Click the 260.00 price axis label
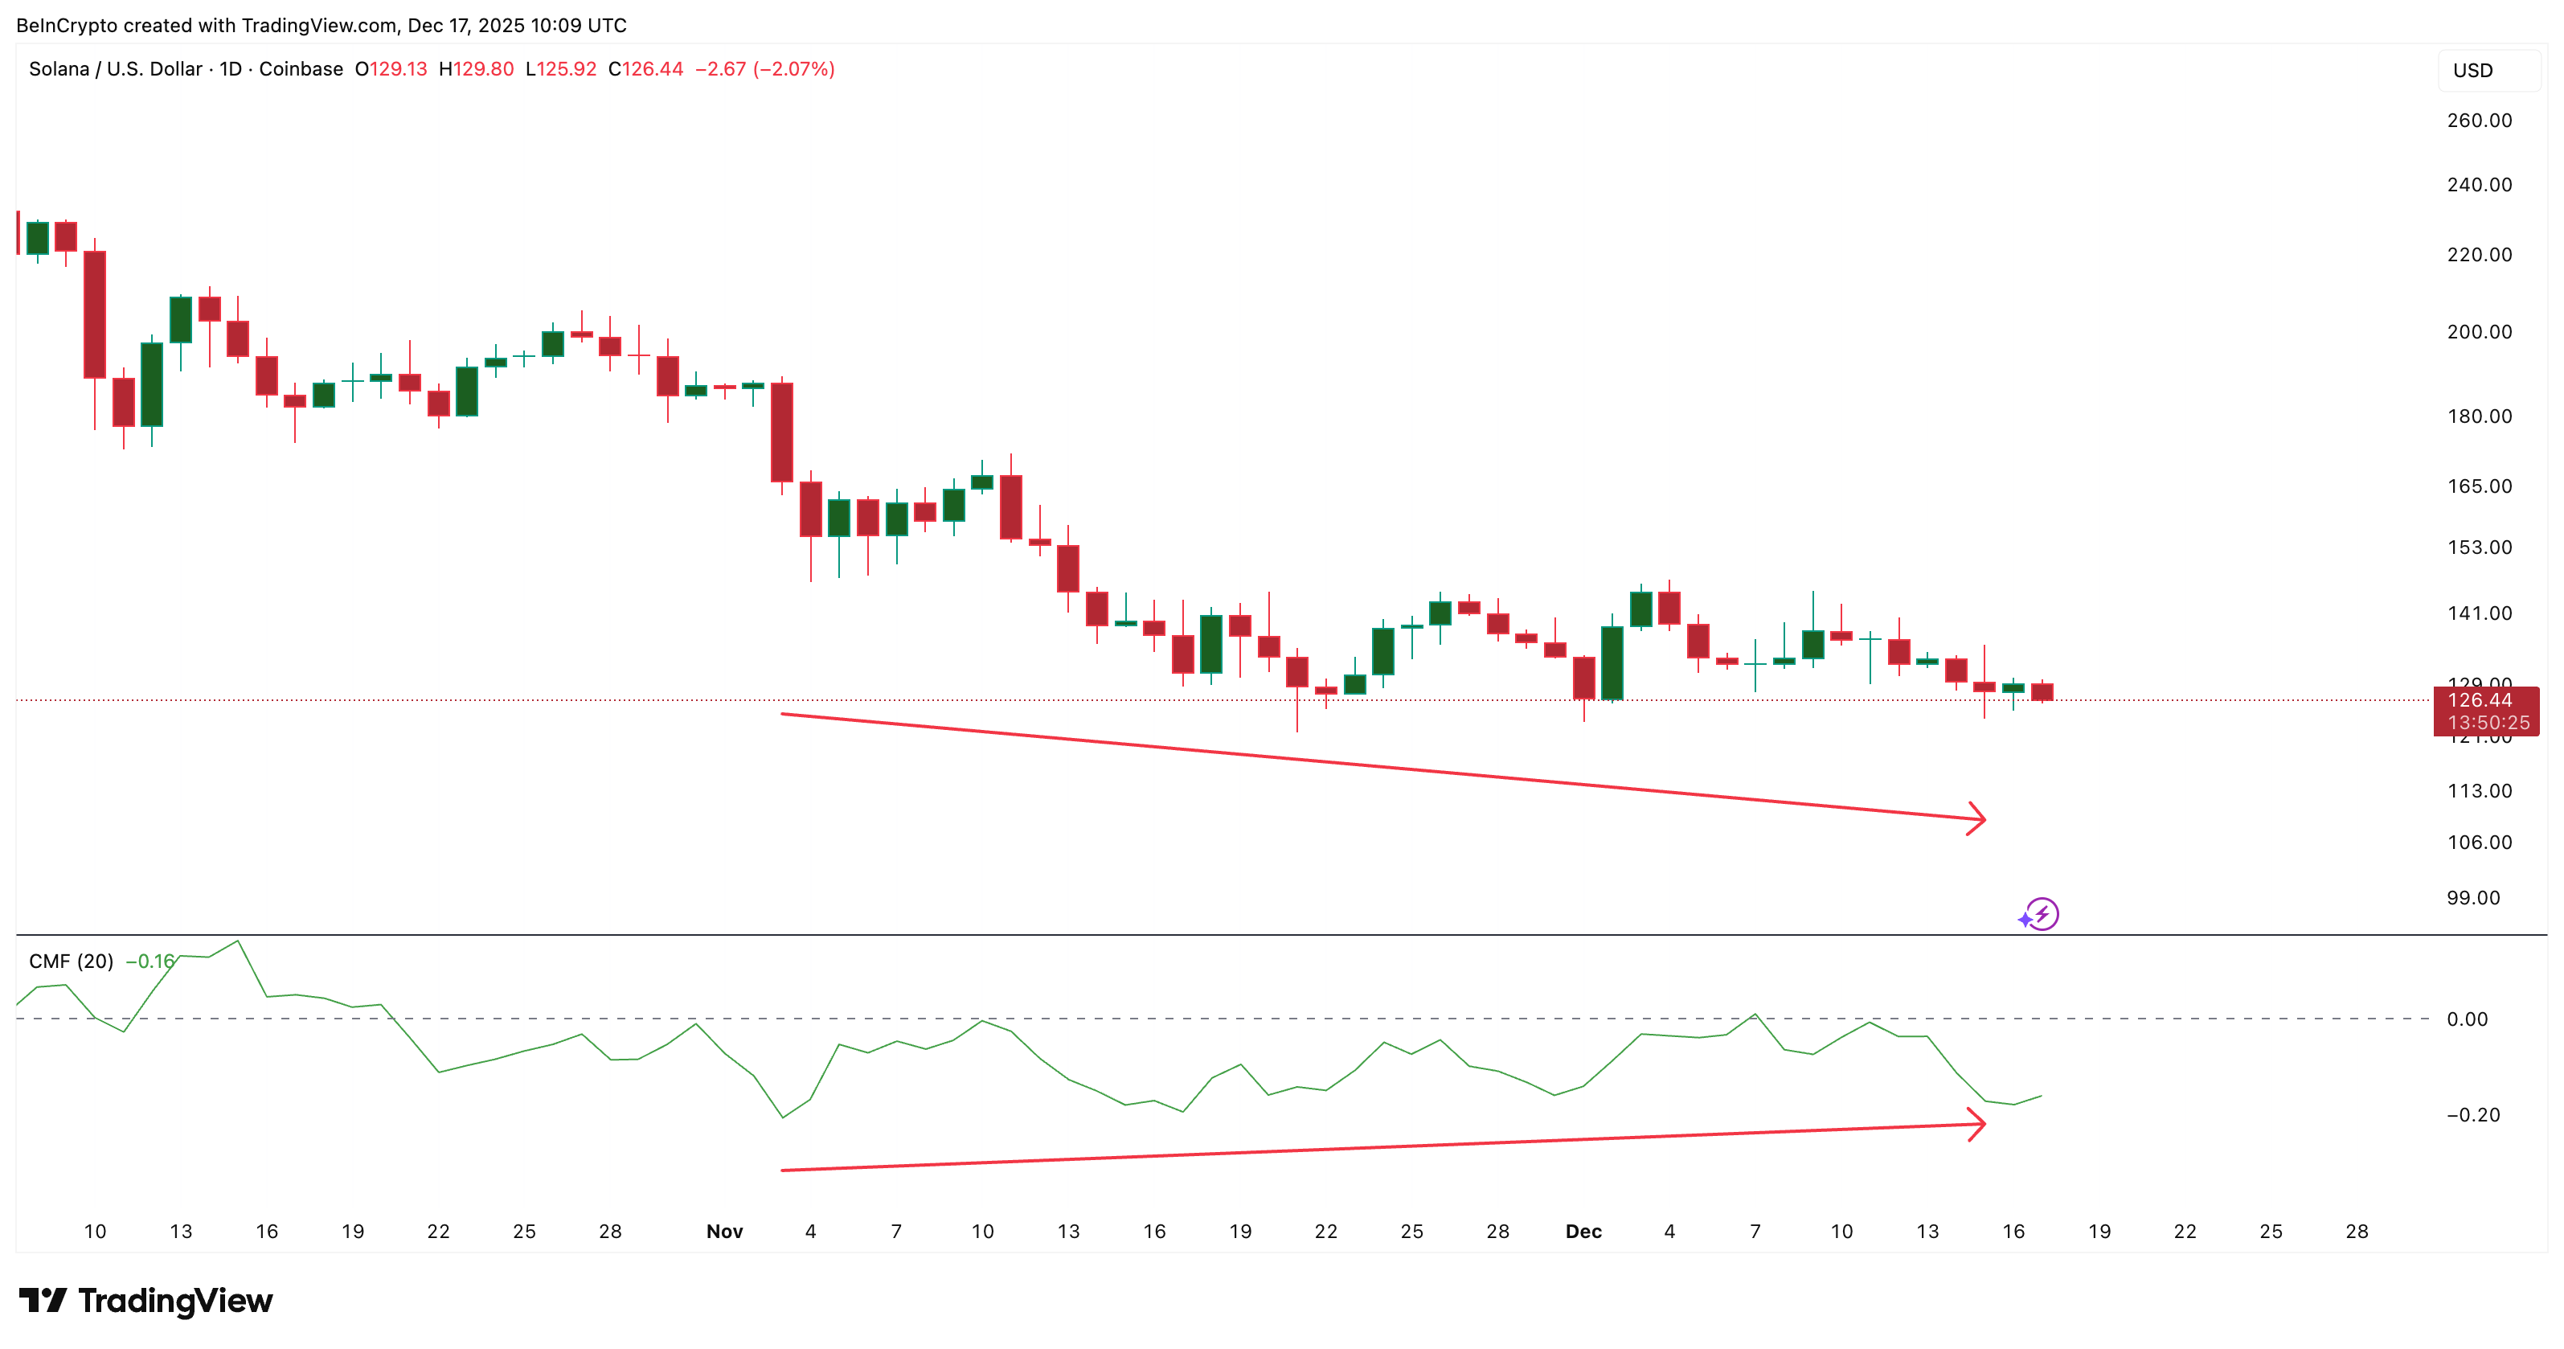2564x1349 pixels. [x=2479, y=121]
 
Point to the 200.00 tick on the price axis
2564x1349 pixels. [x=2479, y=331]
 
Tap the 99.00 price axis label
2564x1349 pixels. [x=2472, y=898]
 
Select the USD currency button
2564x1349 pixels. [x=2472, y=71]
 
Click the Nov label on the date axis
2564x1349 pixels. [x=725, y=1232]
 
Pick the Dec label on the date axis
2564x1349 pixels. [x=1583, y=1232]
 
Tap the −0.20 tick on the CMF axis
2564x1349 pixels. [x=2472, y=1115]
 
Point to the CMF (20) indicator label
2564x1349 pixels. [x=71, y=962]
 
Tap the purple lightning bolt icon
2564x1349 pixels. [x=2042, y=914]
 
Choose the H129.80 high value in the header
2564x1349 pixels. [x=476, y=68]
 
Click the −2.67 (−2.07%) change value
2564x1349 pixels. [x=764, y=68]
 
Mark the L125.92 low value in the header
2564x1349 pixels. [x=560, y=68]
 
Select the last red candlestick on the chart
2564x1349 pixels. [x=2042, y=692]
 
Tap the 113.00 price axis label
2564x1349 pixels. [x=2479, y=792]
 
